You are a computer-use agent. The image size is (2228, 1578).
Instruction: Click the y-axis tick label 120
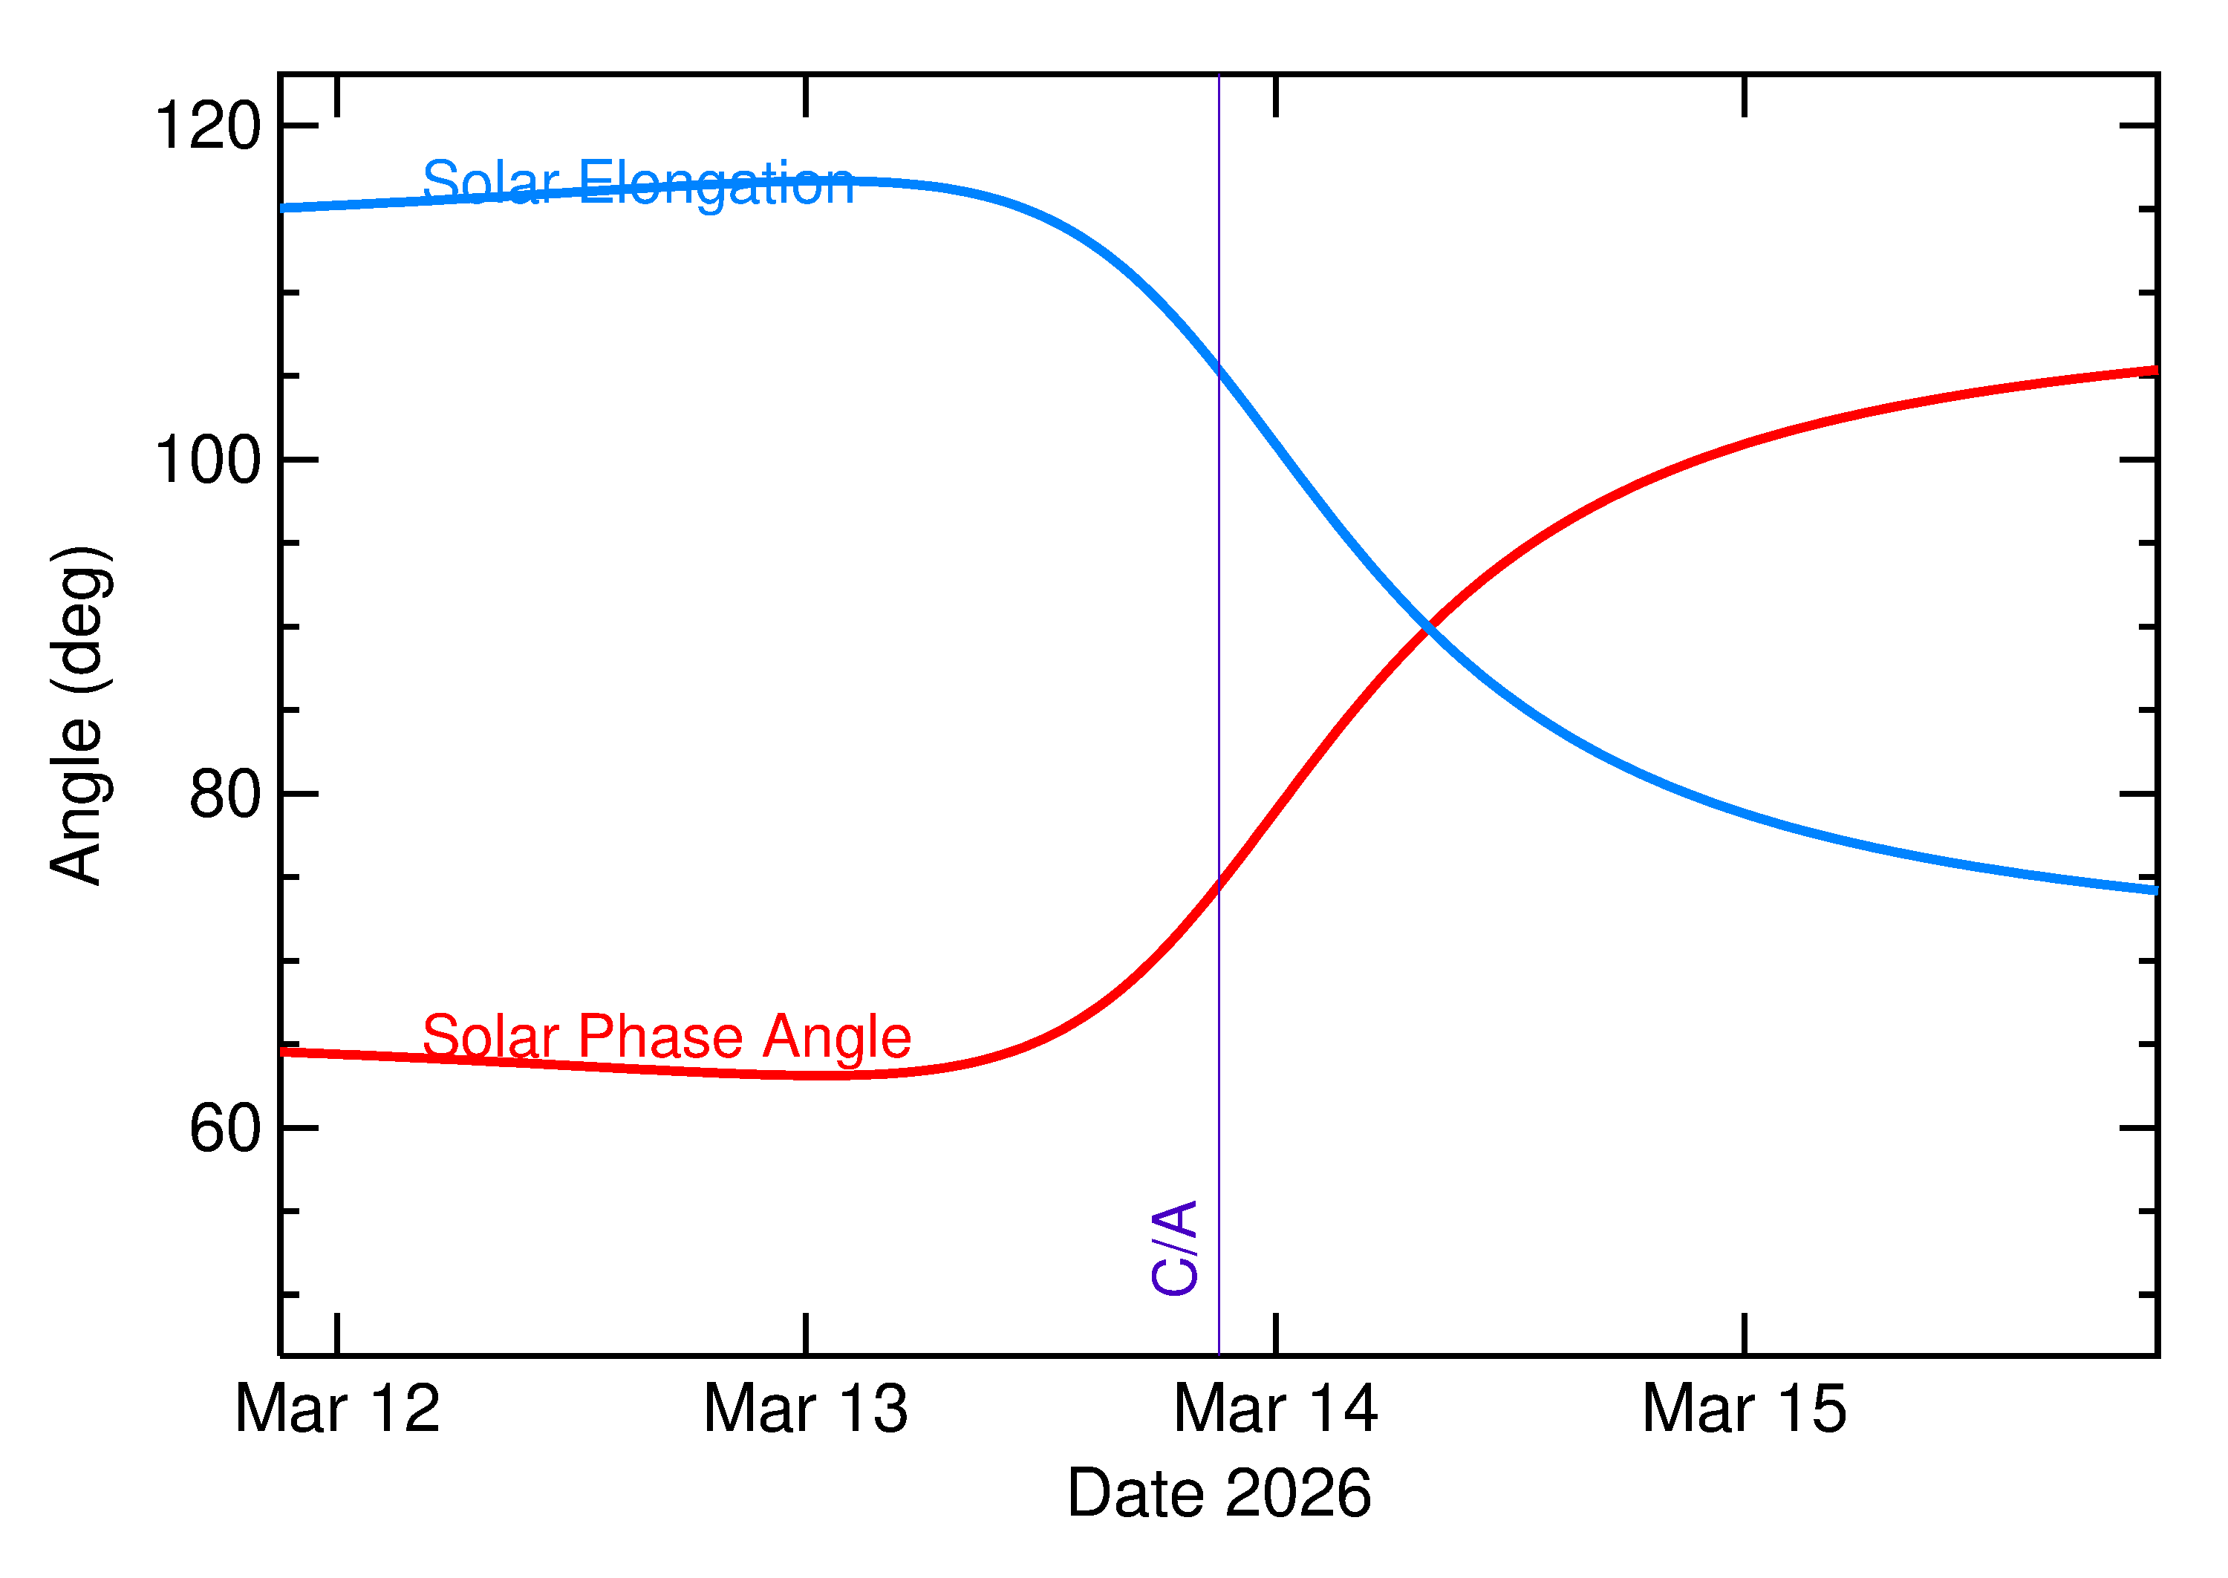point(208,126)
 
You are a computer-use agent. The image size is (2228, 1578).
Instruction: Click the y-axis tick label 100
point(208,460)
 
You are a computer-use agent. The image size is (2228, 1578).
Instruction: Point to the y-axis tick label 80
point(226,795)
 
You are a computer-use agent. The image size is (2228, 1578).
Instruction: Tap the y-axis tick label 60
point(226,1129)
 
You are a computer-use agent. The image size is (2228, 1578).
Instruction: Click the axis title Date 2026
point(1219,1493)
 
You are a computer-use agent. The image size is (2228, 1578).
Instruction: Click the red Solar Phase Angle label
point(667,1037)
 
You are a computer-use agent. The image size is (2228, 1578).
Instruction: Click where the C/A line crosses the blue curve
point(1219,368)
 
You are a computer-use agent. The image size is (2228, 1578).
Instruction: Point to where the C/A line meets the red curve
point(1219,885)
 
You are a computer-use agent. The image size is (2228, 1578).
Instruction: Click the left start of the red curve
point(284,1052)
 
